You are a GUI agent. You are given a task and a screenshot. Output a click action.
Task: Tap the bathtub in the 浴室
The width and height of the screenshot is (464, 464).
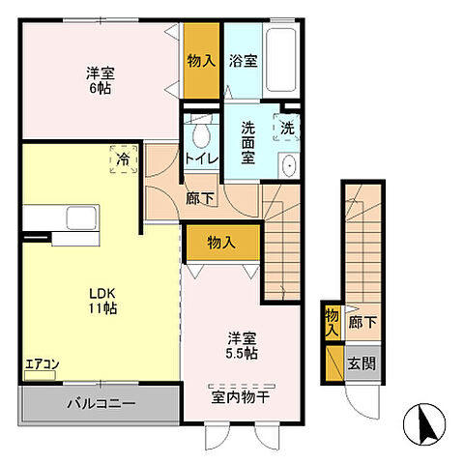(x=281, y=60)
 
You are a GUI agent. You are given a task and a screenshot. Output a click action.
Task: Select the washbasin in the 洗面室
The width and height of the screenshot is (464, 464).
(x=289, y=165)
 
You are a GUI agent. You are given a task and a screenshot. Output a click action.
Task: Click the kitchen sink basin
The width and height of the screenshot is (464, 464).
(x=81, y=218)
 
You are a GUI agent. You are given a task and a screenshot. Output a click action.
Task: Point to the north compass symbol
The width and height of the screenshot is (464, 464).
(x=424, y=424)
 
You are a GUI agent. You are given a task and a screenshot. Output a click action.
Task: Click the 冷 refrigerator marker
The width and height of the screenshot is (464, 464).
(x=124, y=159)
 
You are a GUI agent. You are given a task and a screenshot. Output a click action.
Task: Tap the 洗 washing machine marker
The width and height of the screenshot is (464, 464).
(x=287, y=128)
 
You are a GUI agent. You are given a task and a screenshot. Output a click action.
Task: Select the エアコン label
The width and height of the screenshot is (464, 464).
(x=43, y=364)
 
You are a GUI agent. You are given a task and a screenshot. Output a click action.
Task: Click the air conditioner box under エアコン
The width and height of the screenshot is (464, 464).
(x=41, y=375)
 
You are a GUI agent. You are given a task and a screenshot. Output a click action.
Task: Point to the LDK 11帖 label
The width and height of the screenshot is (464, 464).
(x=102, y=301)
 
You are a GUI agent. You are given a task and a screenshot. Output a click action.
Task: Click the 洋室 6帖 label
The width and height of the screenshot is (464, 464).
(x=101, y=80)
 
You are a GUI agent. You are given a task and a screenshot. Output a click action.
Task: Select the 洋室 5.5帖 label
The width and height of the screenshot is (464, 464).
(x=242, y=346)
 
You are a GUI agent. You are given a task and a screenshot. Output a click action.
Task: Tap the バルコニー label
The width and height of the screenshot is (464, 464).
(x=101, y=403)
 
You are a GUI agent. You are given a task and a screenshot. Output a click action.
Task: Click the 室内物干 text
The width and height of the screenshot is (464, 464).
(x=240, y=397)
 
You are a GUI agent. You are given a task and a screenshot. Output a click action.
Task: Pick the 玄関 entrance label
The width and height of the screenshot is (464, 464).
(x=362, y=363)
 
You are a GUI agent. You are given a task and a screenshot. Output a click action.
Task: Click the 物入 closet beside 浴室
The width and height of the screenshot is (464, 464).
(x=201, y=60)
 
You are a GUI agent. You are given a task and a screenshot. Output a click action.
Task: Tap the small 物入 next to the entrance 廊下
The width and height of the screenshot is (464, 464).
(x=333, y=322)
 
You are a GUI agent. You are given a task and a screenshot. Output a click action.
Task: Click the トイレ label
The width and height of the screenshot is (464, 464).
(x=202, y=159)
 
